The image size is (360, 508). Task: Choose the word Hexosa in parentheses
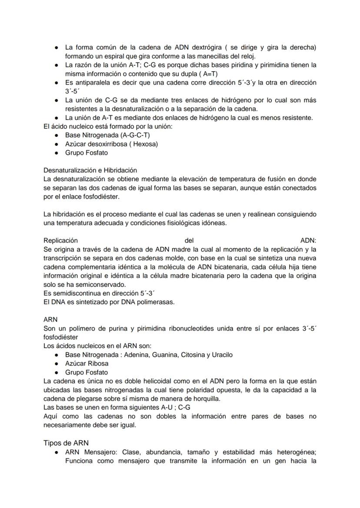(x=146, y=144)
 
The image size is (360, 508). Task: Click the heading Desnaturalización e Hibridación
(x=90, y=170)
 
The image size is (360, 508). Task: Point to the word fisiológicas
(x=170, y=223)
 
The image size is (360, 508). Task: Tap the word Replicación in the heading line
(x=60, y=240)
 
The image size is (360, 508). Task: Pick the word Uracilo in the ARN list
(x=220, y=355)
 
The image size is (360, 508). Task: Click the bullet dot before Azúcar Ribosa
(x=57, y=364)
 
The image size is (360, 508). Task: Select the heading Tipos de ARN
(x=66, y=443)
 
